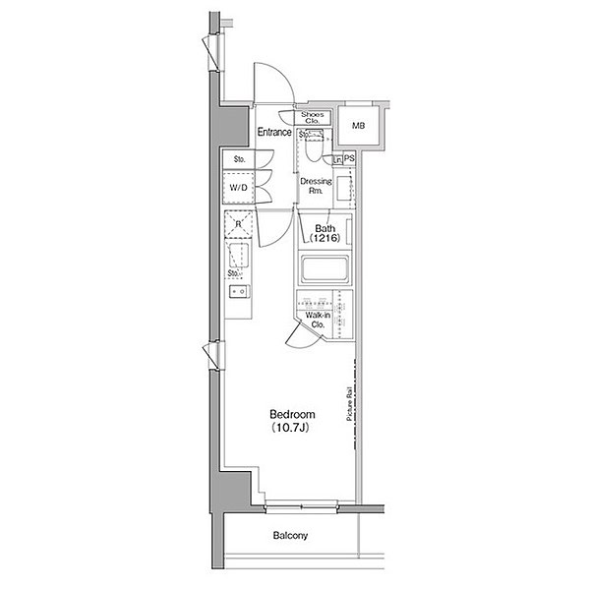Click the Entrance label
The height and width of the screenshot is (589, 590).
click(x=274, y=132)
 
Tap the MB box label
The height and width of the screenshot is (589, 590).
click(x=358, y=126)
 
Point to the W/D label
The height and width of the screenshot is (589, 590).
click(x=239, y=187)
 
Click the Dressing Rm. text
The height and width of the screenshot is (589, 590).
click(x=316, y=187)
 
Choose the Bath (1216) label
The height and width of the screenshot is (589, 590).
click(x=325, y=233)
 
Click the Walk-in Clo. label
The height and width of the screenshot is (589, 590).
click(x=318, y=318)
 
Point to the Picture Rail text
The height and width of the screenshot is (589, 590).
click(x=349, y=405)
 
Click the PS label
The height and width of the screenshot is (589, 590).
click(x=349, y=158)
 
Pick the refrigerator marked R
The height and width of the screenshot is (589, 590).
click(x=238, y=224)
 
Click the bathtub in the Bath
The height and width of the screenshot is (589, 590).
click(x=324, y=269)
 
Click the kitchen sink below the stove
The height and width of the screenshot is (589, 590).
click(x=238, y=292)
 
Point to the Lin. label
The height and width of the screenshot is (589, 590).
click(x=337, y=158)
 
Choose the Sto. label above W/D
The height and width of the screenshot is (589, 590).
click(x=239, y=159)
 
